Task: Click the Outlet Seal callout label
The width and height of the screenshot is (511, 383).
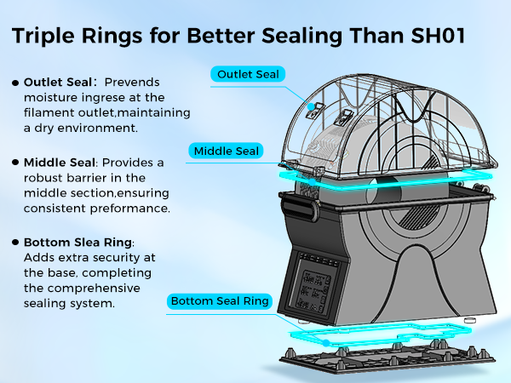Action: coord(248,74)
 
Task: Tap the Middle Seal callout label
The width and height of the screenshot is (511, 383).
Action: coord(226,151)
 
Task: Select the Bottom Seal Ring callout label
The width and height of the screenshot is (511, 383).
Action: coord(220,301)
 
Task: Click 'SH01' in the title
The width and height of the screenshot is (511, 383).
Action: coord(438,35)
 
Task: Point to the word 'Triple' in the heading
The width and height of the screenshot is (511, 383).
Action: coord(43,37)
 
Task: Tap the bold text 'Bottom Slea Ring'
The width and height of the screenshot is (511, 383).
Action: coord(78,243)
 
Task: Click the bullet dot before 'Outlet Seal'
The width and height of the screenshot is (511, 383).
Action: coord(15,83)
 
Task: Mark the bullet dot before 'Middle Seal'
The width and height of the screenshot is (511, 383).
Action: coord(15,163)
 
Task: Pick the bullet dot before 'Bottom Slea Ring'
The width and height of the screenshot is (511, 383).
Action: coord(15,242)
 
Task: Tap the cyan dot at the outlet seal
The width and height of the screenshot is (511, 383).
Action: coord(312,106)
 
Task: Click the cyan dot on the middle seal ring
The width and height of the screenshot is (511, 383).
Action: coord(313,182)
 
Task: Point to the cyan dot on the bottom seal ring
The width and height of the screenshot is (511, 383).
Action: coord(326,343)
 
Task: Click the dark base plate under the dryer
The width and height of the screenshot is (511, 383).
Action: coord(388,359)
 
